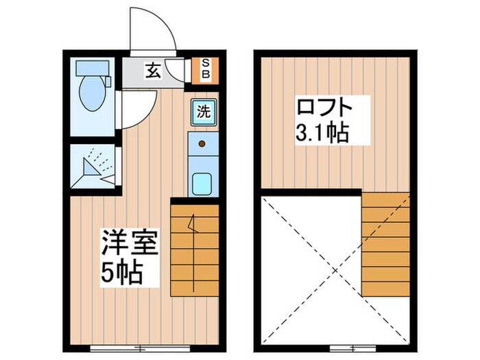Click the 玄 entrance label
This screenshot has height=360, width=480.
(153, 70)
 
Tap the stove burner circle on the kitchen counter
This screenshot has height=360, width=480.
(202, 144)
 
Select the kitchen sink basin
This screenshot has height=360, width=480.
(202, 183)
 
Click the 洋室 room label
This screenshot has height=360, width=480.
(130, 243)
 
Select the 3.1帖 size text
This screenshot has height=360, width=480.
(321, 132)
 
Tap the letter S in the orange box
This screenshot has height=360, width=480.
(204, 63)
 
